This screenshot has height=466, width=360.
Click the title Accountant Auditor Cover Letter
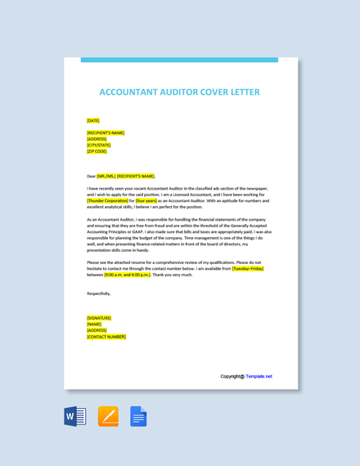[179, 92]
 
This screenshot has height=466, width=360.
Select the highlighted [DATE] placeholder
[93, 121]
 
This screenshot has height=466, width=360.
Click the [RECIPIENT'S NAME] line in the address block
[106, 133]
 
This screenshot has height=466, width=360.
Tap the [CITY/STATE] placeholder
[98, 146]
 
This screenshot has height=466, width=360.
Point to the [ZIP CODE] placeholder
[97, 151]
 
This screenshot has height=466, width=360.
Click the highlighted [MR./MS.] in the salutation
[106, 176]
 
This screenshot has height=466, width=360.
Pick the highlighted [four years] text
[146, 200]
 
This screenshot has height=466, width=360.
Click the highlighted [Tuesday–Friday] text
[248, 268]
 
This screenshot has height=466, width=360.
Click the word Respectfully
[98, 293]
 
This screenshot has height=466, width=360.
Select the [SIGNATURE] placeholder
[99, 318]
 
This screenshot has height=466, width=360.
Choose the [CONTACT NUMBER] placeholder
[106, 336]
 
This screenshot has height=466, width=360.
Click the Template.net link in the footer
[259, 377]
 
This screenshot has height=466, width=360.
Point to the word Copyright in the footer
[232, 377]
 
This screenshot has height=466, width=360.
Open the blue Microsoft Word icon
[75, 416]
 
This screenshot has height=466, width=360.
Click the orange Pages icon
[108, 416]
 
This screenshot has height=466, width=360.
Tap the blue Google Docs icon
[138, 416]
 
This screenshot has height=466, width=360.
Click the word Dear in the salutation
[91, 176]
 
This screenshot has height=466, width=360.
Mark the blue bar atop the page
[179, 60]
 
